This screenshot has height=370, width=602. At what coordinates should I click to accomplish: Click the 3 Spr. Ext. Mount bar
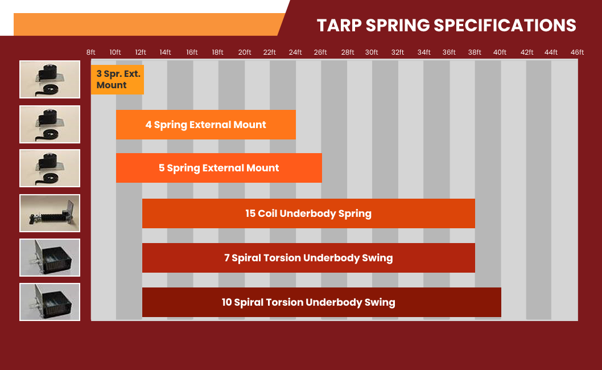117,80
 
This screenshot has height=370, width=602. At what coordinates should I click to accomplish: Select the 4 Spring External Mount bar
206,125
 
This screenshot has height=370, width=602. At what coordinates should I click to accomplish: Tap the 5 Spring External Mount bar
219,168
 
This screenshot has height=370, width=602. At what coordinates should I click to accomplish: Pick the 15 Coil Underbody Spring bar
308,213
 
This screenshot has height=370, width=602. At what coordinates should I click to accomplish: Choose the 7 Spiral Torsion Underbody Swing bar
308,258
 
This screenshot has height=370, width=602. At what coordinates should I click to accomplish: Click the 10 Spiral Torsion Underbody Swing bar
321,302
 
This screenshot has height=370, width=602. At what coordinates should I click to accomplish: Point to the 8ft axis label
91,52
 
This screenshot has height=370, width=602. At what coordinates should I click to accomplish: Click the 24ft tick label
295,52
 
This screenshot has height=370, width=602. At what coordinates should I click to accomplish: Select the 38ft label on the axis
475,52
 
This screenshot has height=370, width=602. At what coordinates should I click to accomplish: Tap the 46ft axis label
577,52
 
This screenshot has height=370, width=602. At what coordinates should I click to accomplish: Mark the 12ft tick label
141,52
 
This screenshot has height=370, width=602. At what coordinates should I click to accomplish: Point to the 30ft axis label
372,52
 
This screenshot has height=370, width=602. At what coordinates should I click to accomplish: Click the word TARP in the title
339,26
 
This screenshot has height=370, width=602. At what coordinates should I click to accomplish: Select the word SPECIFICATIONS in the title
505,26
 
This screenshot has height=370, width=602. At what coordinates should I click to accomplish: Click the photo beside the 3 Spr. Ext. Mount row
50,80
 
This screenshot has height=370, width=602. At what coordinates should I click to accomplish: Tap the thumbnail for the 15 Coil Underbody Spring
50,213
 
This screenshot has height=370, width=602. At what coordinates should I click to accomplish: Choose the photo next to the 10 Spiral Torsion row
50,302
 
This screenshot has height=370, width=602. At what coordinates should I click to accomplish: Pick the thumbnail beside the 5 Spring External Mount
50,168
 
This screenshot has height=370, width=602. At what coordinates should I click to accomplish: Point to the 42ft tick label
527,52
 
